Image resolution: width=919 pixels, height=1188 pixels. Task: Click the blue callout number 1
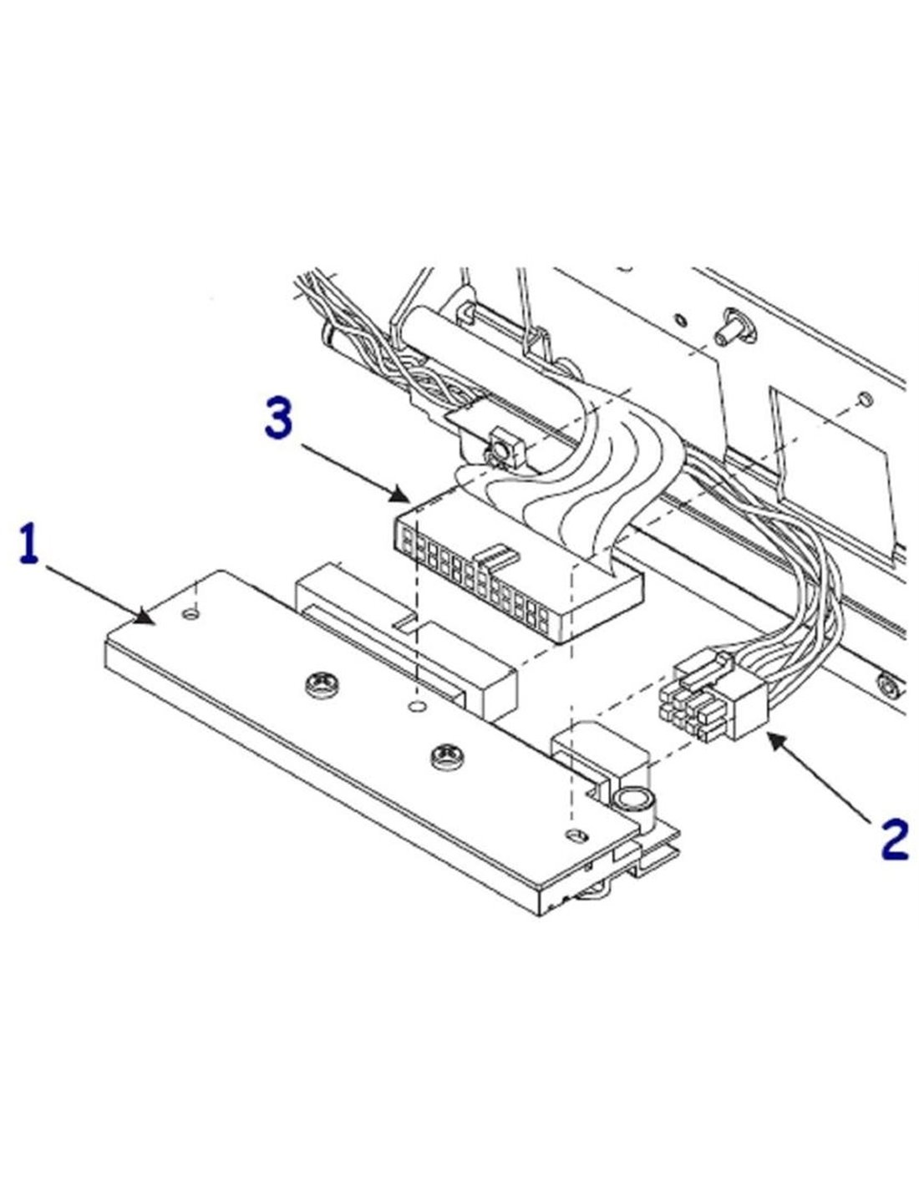tap(30, 545)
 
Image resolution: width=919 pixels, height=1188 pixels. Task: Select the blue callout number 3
tap(279, 419)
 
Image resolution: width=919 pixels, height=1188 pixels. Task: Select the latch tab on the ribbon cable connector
tap(495, 555)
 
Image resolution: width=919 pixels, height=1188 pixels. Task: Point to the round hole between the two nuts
tap(415, 708)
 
